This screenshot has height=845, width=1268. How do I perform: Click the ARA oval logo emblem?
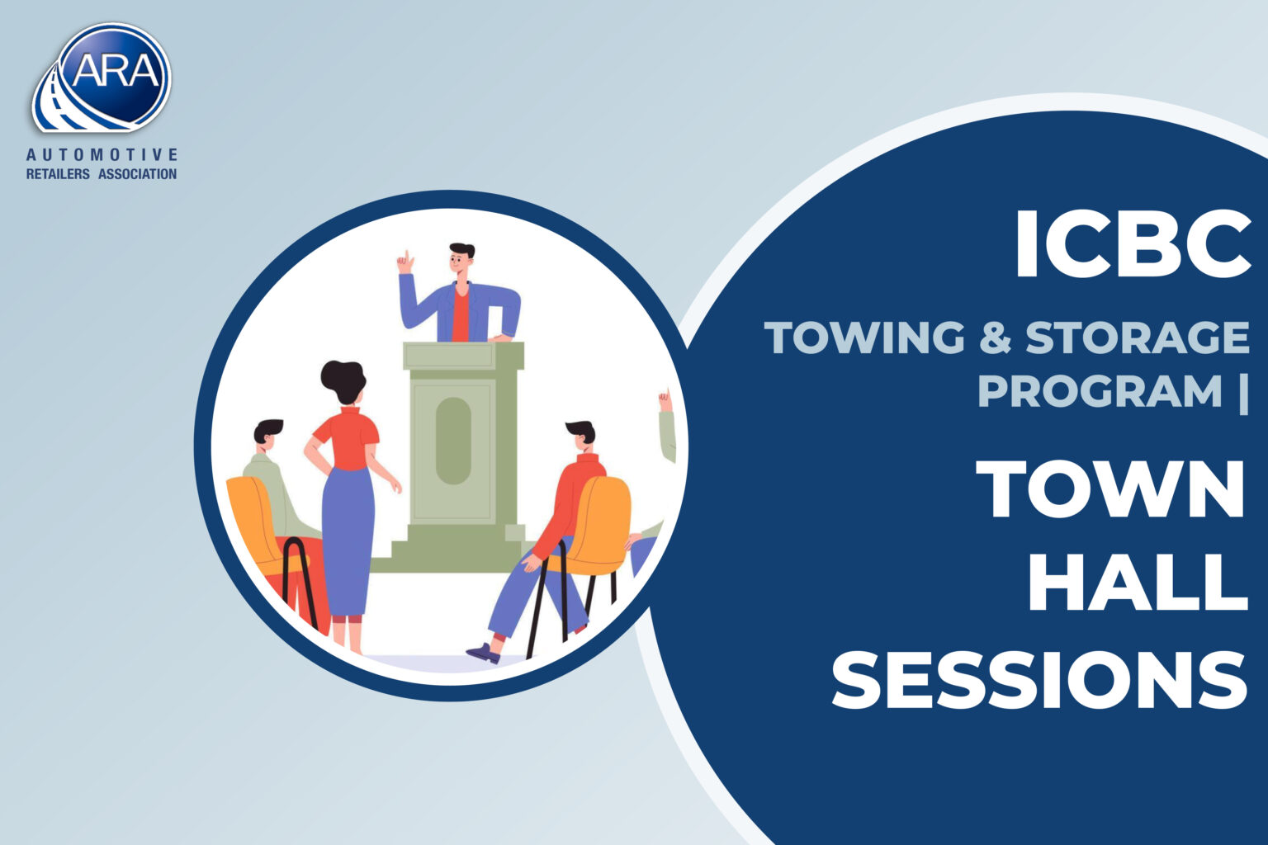click(101, 78)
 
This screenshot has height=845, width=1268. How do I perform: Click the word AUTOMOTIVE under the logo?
click(102, 154)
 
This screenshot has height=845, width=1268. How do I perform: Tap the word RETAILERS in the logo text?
click(58, 174)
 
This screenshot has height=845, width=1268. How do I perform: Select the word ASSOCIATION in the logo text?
click(138, 174)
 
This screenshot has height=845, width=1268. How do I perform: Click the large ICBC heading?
click(1132, 243)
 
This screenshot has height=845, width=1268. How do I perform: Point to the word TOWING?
click(864, 338)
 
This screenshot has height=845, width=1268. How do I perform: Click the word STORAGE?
click(1138, 338)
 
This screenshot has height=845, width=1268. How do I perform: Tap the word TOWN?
click(1110, 489)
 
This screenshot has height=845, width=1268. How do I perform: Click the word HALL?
click(1138, 583)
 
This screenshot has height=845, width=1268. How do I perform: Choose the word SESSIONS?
click(1039, 678)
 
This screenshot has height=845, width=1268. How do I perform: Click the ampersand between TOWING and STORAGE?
click(995, 338)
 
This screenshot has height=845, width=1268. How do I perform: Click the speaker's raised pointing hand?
click(405, 262)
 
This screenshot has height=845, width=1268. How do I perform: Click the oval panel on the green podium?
click(453, 441)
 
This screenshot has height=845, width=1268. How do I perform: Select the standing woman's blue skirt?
click(347, 543)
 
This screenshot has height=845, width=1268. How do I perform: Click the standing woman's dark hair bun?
click(343, 380)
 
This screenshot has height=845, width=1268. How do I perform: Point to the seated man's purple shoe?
click(483, 653)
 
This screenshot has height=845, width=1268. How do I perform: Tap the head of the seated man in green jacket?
click(267, 435)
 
